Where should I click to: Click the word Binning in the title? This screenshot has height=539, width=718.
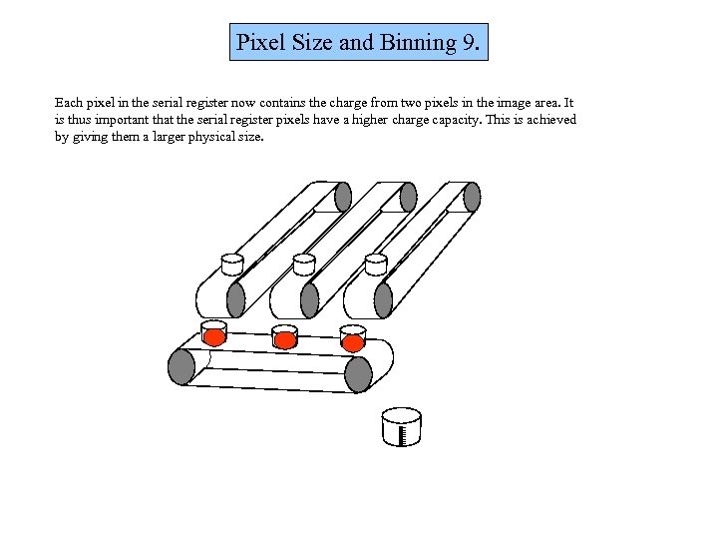[x=418, y=44]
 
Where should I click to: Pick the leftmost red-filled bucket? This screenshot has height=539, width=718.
[x=213, y=333]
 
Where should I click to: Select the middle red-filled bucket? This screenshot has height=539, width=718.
[x=284, y=337]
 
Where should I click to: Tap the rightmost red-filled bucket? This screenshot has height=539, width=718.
[x=353, y=338]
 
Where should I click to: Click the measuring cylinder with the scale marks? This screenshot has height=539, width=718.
[x=402, y=427]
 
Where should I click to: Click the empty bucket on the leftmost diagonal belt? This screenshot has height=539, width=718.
[x=232, y=265]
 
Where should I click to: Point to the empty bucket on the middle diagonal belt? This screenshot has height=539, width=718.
[x=304, y=265]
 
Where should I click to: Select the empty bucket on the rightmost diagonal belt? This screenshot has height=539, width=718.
[x=376, y=265]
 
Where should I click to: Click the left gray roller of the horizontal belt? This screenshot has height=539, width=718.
[x=181, y=366]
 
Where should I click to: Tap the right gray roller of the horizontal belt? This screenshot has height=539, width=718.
[x=358, y=374]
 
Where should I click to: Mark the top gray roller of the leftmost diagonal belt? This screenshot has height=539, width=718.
[x=343, y=197]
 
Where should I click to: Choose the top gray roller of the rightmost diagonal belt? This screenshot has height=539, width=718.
[x=472, y=197]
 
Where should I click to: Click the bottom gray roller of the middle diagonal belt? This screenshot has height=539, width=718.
[x=309, y=300]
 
